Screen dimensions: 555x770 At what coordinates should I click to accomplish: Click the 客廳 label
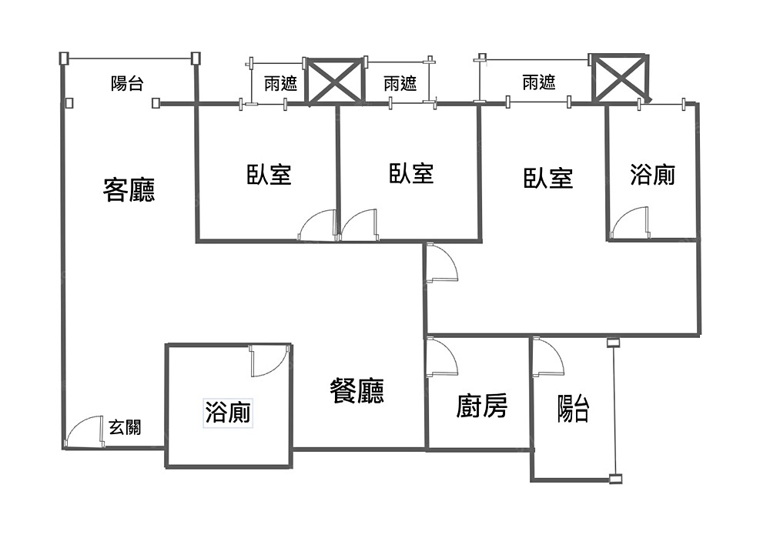[x=129, y=189]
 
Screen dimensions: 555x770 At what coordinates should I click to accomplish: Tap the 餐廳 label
[x=357, y=392]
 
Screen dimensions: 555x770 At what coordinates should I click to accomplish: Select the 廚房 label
[x=482, y=405]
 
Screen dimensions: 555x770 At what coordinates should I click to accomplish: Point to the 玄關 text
[x=125, y=427]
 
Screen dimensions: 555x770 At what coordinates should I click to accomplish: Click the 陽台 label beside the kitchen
[x=574, y=409]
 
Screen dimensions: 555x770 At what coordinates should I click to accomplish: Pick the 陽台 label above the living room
[x=127, y=84]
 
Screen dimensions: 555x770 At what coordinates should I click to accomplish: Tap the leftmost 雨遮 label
[x=280, y=83]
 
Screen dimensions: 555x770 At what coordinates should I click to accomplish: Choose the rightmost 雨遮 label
[x=539, y=82]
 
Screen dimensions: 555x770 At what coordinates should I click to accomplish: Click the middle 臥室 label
[x=411, y=174]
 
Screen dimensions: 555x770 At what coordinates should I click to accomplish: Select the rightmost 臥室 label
[x=548, y=179]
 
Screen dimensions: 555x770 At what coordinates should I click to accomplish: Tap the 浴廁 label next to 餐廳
[x=228, y=413]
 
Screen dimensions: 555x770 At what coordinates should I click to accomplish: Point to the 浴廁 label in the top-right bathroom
[x=653, y=175]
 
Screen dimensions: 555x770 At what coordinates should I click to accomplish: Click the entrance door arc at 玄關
[x=85, y=432]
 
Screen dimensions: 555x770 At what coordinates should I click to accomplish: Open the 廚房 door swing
[x=441, y=358]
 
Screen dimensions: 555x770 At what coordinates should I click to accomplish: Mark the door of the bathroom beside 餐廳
[x=269, y=360]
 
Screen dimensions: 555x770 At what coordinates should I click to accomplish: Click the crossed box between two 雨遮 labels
[x=335, y=82]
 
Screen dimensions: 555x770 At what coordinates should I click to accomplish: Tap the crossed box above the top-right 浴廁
[x=619, y=77]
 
